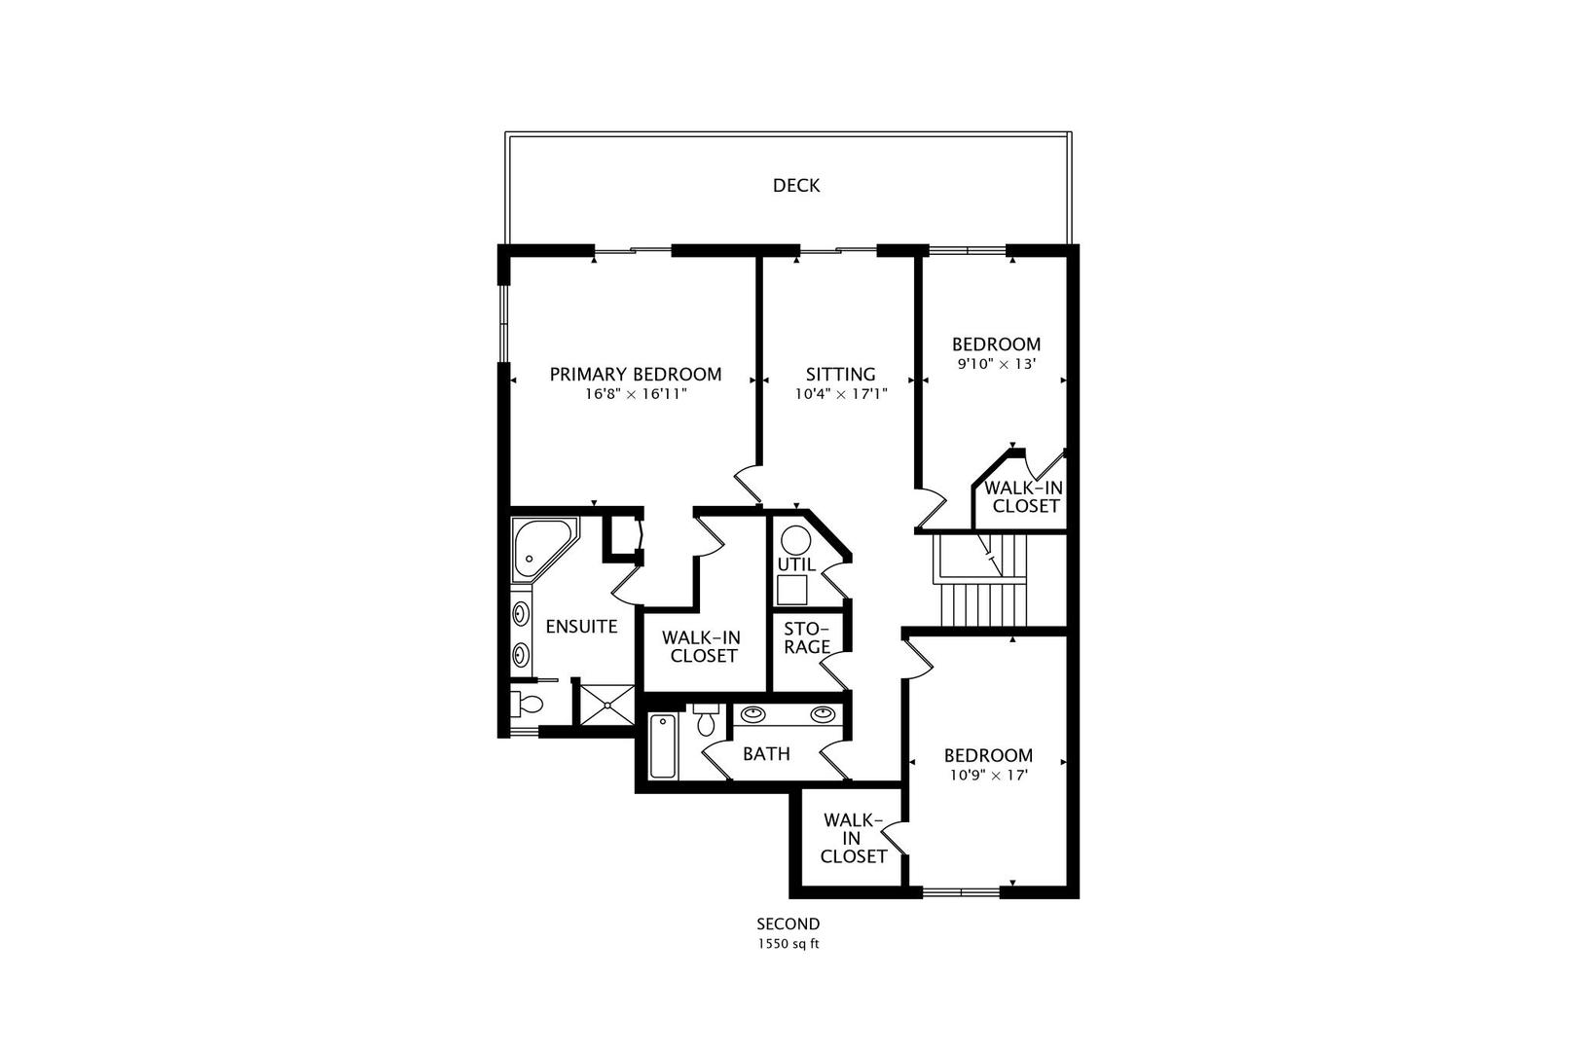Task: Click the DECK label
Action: [x=795, y=185]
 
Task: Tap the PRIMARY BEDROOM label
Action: [x=636, y=374]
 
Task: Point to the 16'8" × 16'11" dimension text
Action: [x=636, y=395]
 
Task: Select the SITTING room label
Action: [x=840, y=374]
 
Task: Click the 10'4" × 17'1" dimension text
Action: [x=840, y=395]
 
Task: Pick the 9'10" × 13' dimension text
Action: [x=995, y=365]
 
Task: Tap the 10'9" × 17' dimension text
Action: [x=988, y=776]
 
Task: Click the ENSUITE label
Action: [x=581, y=627]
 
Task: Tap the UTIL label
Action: [x=796, y=564]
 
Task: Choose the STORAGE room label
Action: [x=806, y=637]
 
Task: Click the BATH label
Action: [x=766, y=754]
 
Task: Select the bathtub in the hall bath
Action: [x=663, y=746]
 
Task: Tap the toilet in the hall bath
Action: [x=707, y=721]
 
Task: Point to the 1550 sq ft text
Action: [x=788, y=944]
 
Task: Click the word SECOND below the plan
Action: [x=788, y=924]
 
